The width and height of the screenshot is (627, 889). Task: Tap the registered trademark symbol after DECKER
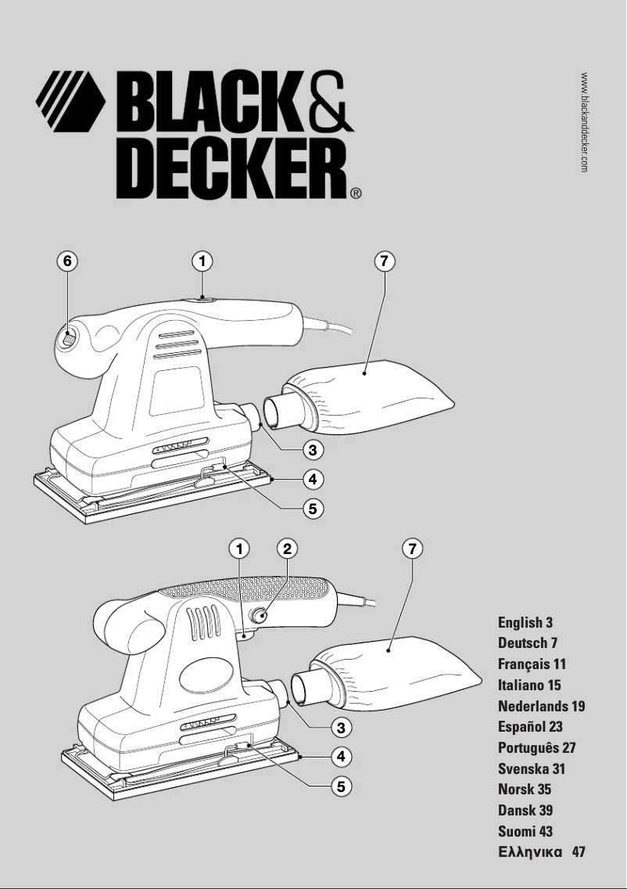pyautogui.click(x=355, y=193)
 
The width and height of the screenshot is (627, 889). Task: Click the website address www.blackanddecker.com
pyautogui.click(x=584, y=122)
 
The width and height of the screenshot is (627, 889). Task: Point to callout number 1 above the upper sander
pyautogui.click(x=202, y=261)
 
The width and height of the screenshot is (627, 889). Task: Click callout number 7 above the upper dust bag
pyautogui.click(x=384, y=261)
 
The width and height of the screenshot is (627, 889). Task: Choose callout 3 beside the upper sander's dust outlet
pyautogui.click(x=312, y=450)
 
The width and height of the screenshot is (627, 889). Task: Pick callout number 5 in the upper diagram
pyautogui.click(x=312, y=508)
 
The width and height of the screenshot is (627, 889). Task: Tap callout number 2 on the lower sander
pyautogui.click(x=287, y=549)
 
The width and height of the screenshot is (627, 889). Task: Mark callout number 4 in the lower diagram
pyautogui.click(x=340, y=756)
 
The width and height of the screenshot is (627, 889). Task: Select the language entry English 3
pyautogui.click(x=525, y=623)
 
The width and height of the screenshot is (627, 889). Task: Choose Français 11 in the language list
pyautogui.click(x=532, y=664)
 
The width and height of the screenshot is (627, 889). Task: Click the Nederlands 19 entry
pyautogui.click(x=541, y=707)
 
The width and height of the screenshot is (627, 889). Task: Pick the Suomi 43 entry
pyautogui.click(x=525, y=831)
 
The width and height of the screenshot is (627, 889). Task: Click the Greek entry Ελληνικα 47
pyautogui.click(x=541, y=852)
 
